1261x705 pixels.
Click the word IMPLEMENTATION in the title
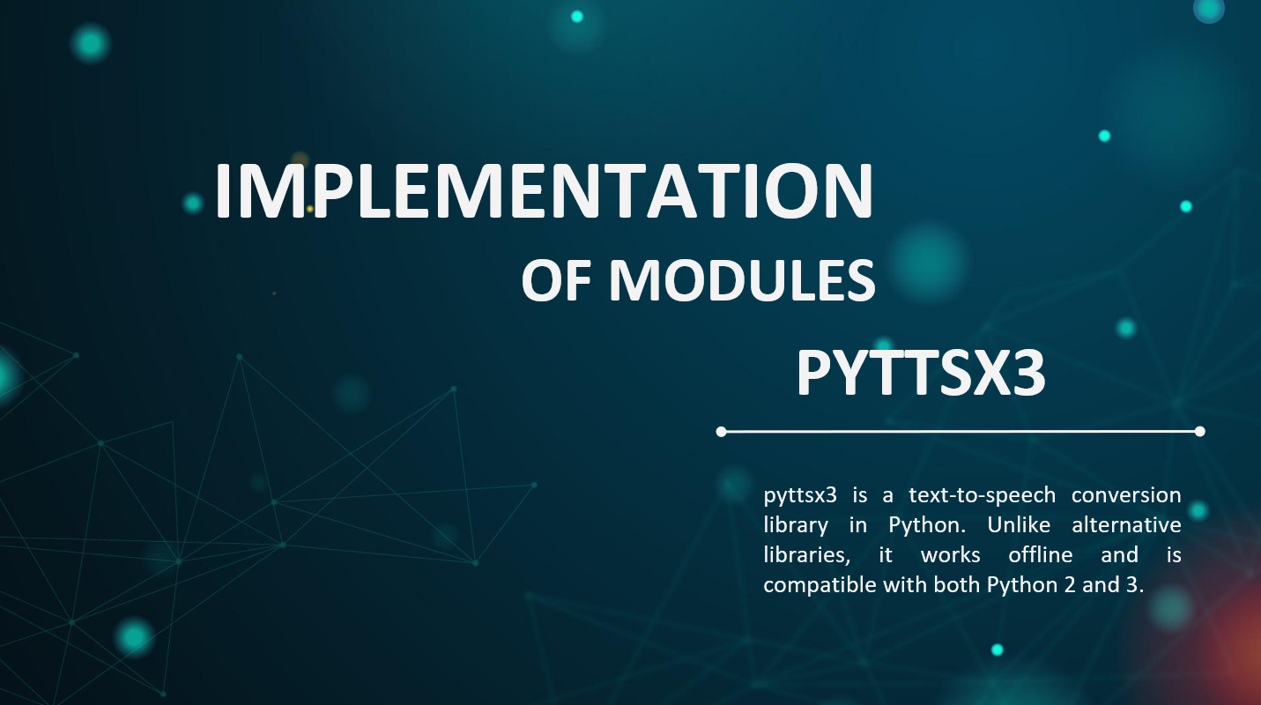coord(544,190)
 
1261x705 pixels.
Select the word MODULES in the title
coord(743,280)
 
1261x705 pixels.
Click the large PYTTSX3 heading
coord(921,373)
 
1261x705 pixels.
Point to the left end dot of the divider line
coord(721,432)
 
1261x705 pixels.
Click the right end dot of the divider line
coord(1199,432)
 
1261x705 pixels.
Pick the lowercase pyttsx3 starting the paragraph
coord(800,496)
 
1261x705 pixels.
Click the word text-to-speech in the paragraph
coord(983,496)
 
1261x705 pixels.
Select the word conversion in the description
coord(1126,495)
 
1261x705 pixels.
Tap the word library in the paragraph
coord(796,526)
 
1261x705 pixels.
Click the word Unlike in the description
coord(1019,525)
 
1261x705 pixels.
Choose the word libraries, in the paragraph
coord(806,555)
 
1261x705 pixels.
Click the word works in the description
coord(950,555)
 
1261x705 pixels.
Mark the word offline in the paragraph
coord(1041,554)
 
